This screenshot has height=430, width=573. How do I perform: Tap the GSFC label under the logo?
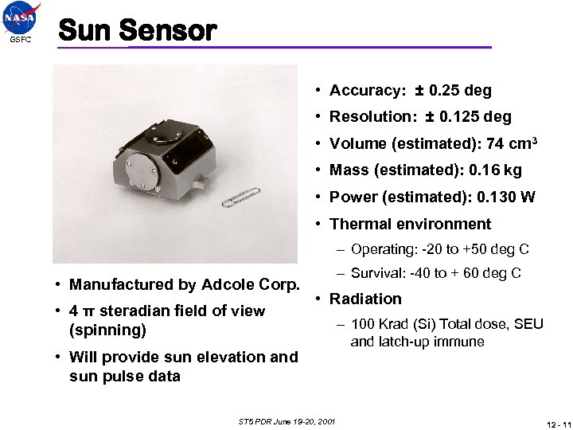21,41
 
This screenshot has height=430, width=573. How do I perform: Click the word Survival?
376,274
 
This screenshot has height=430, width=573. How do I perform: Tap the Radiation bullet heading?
365,299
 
